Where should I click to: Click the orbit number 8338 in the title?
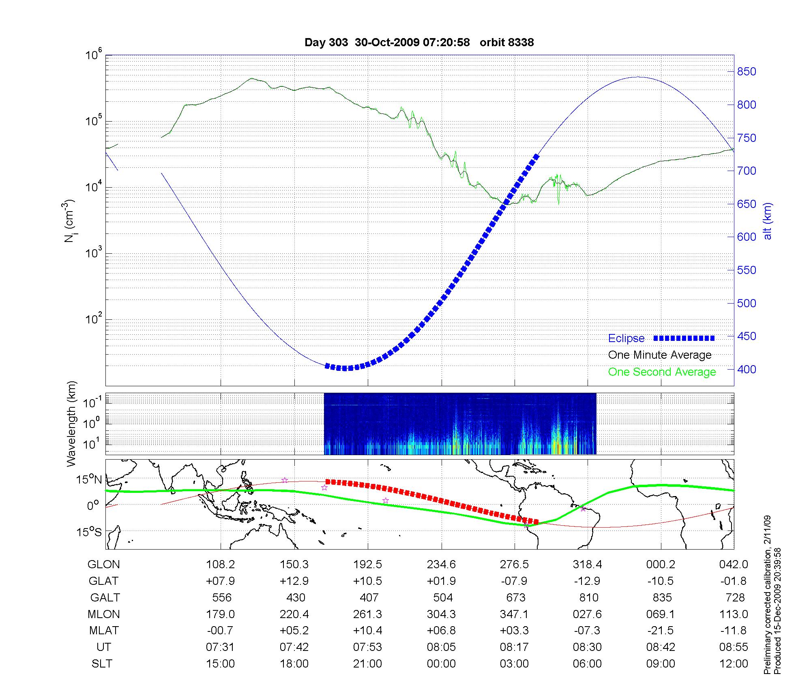click(x=506, y=42)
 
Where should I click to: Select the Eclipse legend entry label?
click(x=626, y=338)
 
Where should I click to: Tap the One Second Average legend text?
click(x=662, y=372)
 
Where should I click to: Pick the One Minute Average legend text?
click(x=660, y=355)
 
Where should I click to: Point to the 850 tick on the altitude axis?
click(x=747, y=72)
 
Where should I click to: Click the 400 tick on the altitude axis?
click(x=747, y=369)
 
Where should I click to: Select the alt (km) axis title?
click(x=768, y=221)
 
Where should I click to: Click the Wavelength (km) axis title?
click(x=71, y=424)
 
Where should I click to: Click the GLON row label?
click(x=103, y=564)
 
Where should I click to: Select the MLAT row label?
click(x=104, y=631)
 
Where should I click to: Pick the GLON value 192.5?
click(x=368, y=564)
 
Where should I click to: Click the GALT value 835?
click(x=661, y=597)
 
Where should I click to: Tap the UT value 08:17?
click(x=514, y=647)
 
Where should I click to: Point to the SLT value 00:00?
click(x=441, y=664)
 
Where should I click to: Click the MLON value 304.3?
click(x=441, y=614)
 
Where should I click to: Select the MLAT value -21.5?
click(x=661, y=631)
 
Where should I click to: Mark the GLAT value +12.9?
click(x=294, y=581)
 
